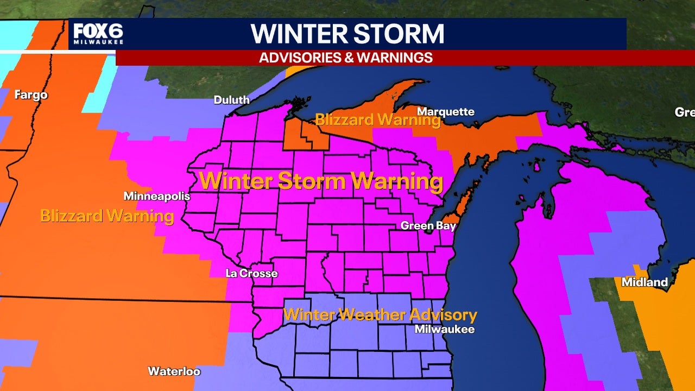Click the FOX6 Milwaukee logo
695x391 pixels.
pyautogui.click(x=98, y=34)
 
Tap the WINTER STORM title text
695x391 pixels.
pyautogui.click(x=347, y=34)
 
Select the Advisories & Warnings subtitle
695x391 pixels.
pyautogui.click(x=346, y=58)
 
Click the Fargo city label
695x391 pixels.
pyautogui.click(x=31, y=95)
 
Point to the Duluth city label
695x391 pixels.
pyautogui.click(x=232, y=100)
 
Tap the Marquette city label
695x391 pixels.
pyautogui.click(x=445, y=112)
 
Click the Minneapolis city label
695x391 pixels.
pyautogui.click(x=157, y=196)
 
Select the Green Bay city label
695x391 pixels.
pyautogui.click(x=424, y=225)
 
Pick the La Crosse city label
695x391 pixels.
pyautogui.click(x=251, y=273)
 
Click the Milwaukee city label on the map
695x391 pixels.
pyautogui.click(x=444, y=329)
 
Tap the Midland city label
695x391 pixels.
pyautogui.click(x=645, y=282)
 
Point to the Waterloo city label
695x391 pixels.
pyautogui.click(x=174, y=371)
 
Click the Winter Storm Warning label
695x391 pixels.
pyautogui.click(x=321, y=181)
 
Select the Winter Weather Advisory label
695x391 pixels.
pyautogui.click(x=380, y=314)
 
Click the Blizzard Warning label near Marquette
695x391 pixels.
pyautogui.click(x=378, y=119)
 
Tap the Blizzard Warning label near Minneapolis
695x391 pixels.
pyautogui.click(x=107, y=216)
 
